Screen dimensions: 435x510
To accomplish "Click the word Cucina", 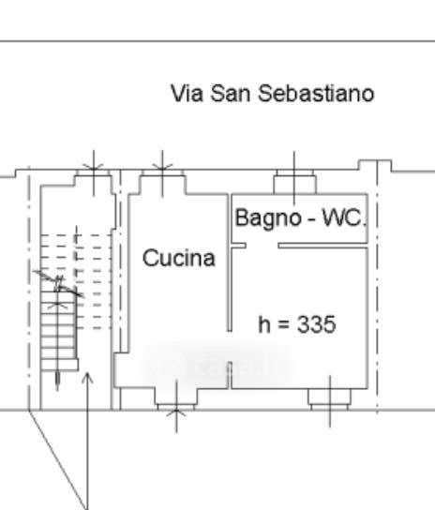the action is [179, 258].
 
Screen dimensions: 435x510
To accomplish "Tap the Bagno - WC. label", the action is [301, 217].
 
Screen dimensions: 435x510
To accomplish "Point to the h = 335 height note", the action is [297, 324].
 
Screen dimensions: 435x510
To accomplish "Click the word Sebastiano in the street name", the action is [316, 94].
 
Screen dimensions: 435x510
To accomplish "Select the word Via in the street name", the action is [187, 94].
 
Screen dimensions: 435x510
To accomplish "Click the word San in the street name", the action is [231, 94].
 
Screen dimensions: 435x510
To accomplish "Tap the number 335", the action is [317, 324].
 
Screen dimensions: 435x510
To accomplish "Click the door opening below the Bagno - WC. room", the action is [262, 246].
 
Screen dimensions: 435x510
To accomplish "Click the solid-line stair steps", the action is [59, 330].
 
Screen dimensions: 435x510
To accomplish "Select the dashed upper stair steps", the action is [77, 281].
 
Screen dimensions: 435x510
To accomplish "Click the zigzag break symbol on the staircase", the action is [58, 284].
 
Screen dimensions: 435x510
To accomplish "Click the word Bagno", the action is [268, 217].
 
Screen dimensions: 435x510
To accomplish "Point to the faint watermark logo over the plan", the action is [217, 365].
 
